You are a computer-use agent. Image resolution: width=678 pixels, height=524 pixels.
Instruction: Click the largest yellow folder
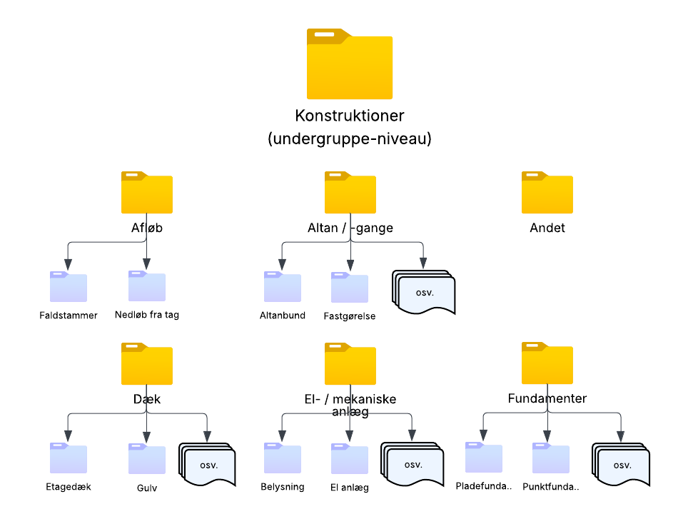(x=350, y=66)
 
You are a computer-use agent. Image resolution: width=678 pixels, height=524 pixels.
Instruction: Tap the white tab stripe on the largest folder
(x=324, y=34)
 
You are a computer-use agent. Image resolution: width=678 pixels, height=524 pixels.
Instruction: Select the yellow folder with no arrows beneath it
(x=547, y=193)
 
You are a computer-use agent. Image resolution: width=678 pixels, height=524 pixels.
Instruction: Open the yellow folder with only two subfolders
(x=147, y=193)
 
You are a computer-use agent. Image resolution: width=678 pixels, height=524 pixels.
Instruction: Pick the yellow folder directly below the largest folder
(x=350, y=193)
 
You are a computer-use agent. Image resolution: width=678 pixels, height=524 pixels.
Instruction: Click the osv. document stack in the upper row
(x=425, y=292)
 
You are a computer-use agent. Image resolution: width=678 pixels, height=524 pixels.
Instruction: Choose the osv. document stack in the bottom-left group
(x=208, y=465)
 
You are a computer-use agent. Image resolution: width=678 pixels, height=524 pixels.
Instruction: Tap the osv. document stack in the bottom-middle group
(x=413, y=465)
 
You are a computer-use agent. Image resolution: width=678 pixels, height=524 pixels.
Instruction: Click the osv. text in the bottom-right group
(x=622, y=465)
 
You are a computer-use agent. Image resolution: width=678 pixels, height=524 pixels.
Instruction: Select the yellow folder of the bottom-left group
(x=147, y=365)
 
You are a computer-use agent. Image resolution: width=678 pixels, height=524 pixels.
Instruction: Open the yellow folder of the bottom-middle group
(x=350, y=365)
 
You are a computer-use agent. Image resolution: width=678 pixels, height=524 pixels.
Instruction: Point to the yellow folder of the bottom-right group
(x=547, y=365)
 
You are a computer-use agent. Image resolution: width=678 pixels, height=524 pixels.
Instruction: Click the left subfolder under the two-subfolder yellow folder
(x=69, y=287)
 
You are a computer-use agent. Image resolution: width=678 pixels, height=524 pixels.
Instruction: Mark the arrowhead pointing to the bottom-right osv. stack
(x=620, y=436)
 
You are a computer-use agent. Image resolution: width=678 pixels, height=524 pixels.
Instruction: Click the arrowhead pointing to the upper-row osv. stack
(x=423, y=265)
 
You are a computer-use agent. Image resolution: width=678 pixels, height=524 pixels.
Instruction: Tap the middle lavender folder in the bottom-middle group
(x=350, y=459)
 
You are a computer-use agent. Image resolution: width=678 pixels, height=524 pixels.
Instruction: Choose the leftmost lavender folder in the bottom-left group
(x=69, y=458)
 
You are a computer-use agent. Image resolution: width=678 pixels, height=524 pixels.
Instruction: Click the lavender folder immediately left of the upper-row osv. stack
(x=350, y=288)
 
